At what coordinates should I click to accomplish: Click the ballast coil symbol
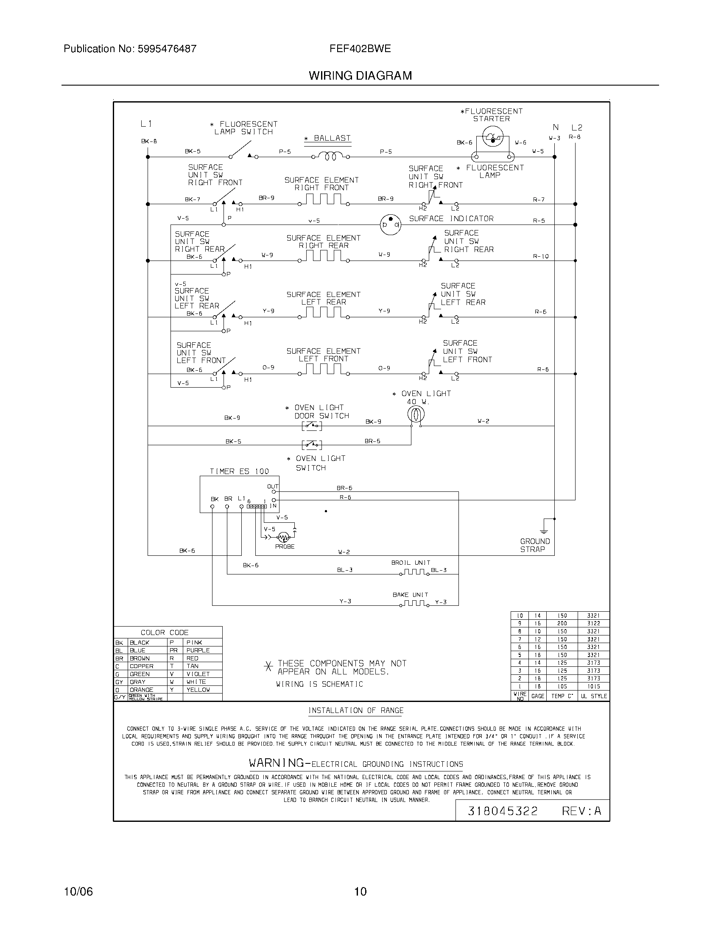[331, 157]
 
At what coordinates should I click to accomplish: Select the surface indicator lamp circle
[390, 224]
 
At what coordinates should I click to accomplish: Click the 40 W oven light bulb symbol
[416, 413]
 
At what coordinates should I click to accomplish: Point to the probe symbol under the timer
[283, 537]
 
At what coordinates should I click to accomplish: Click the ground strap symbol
[544, 530]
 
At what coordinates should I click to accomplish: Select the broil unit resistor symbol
[414, 572]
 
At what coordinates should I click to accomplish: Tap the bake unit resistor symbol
[414, 603]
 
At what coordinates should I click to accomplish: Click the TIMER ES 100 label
[239, 471]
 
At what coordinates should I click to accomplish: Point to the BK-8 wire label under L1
[149, 141]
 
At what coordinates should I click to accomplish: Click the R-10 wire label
[541, 256]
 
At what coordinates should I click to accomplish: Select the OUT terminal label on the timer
[273, 486]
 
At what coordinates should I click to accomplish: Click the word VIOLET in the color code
[198, 674]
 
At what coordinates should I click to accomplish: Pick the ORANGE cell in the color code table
[141, 690]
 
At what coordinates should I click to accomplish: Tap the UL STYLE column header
[593, 696]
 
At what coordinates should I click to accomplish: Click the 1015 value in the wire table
[593, 686]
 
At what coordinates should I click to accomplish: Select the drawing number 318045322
[502, 811]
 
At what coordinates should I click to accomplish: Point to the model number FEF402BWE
[360, 49]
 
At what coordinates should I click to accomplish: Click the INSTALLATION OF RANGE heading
[356, 710]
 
